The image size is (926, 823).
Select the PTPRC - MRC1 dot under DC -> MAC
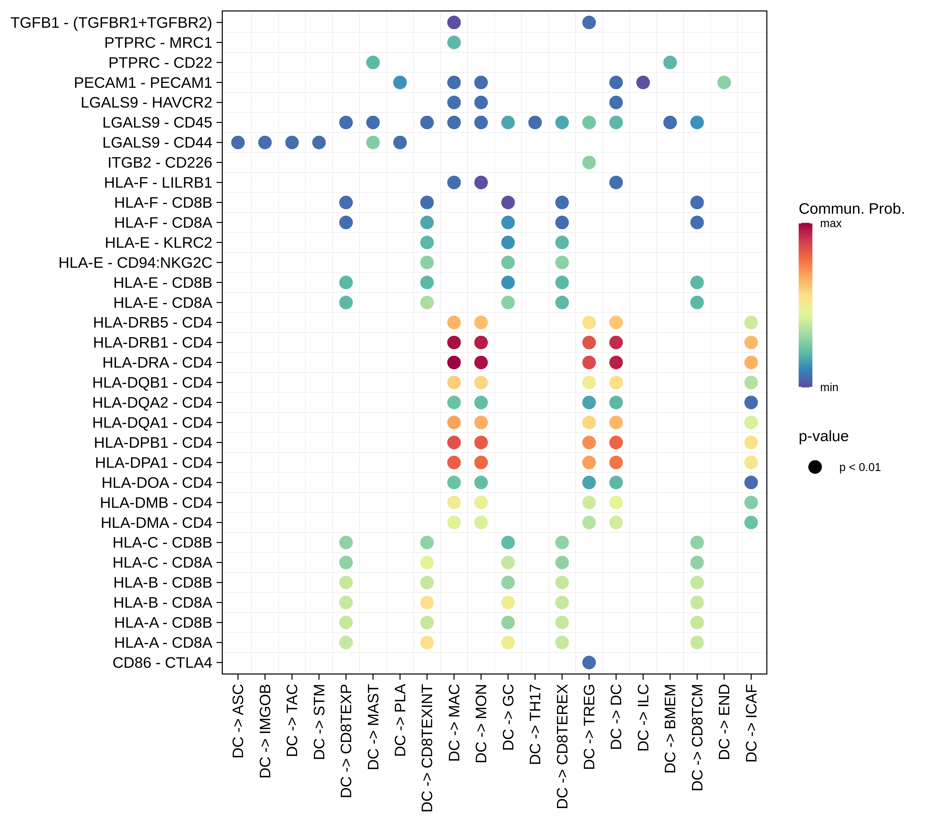pyautogui.click(x=454, y=43)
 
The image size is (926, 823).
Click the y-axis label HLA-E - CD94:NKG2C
pyautogui.click(x=135, y=263)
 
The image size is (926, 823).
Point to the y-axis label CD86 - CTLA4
pyautogui.click(x=162, y=663)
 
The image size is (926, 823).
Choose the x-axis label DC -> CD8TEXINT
pyautogui.click(x=427, y=747)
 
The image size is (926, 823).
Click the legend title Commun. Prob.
pyautogui.click(x=851, y=209)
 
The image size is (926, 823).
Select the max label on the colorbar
pyautogui.click(x=831, y=223)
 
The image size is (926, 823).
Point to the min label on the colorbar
pyautogui.click(x=829, y=387)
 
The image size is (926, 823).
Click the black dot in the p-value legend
pyautogui.click(x=815, y=467)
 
